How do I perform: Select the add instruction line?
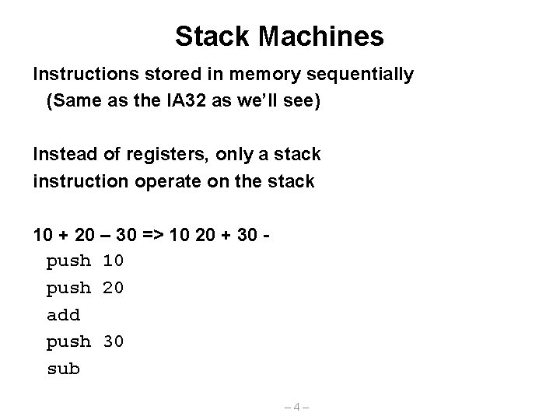63,315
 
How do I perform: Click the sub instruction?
63,369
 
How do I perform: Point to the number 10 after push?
113,261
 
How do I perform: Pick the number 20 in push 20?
113,288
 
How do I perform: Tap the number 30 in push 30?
113,341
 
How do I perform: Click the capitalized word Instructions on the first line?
82,75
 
